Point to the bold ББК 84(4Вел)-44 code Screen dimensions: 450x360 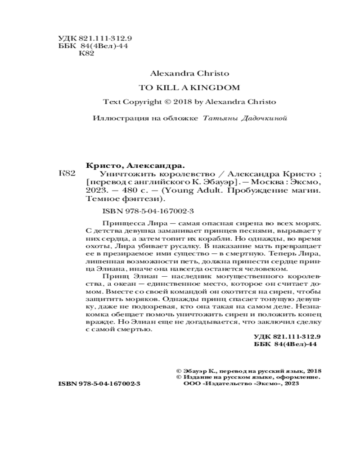tap(286, 344)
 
